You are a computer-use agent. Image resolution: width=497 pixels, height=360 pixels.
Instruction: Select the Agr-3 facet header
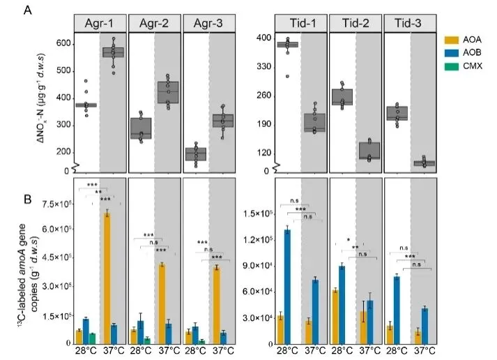click(x=208, y=22)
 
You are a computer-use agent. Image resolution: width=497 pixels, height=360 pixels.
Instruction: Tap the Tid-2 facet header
click(x=355, y=22)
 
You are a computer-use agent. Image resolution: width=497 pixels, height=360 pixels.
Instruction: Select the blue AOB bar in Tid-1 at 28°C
click(x=286, y=286)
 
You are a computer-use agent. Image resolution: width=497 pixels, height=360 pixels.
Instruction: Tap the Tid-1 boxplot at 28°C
click(x=286, y=45)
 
